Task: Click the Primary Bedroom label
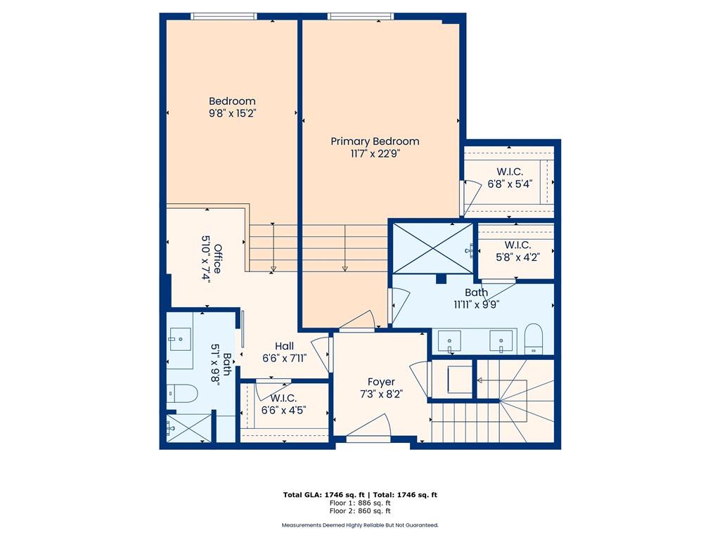(375, 141)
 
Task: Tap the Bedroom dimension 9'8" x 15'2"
(232, 113)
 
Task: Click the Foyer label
(381, 382)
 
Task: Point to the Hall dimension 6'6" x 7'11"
(284, 358)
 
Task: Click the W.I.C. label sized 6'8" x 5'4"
(510, 172)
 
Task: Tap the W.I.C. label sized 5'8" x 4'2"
(517, 245)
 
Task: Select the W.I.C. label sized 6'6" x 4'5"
(283, 398)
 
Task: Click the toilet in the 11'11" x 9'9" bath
(534, 339)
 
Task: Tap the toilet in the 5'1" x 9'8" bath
(181, 394)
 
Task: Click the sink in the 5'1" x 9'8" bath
(180, 340)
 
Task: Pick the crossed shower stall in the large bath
(433, 248)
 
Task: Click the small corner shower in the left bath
(188, 428)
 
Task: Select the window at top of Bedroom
(224, 17)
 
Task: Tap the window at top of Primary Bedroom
(361, 17)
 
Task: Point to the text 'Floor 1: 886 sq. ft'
(360, 503)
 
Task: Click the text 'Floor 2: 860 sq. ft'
(360, 510)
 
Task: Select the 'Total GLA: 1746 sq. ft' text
(323, 495)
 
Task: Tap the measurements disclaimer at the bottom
(360, 525)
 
